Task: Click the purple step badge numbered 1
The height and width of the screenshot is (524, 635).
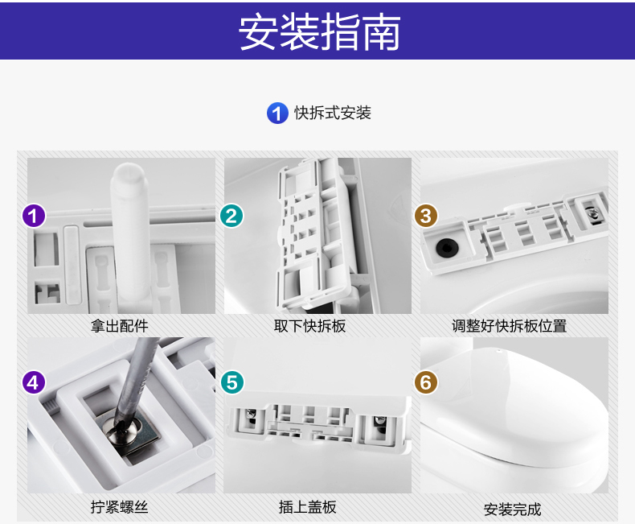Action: [33, 216]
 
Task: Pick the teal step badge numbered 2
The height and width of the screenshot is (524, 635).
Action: [231, 216]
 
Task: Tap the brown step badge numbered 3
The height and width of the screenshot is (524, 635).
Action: [426, 216]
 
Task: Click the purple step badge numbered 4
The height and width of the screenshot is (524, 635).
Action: [33, 382]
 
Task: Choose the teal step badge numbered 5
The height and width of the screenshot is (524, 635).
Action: [231, 382]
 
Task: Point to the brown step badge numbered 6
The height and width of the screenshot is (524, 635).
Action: [426, 382]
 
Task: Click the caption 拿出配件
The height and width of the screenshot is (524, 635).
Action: [120, 326]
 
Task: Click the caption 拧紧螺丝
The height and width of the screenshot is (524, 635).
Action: [120, 507]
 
